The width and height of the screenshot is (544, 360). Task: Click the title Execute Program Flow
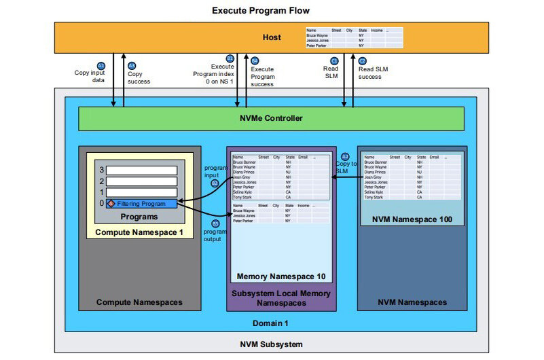coord(261,10)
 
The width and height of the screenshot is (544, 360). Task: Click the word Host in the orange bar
coord(272,37)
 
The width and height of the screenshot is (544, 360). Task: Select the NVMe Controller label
coord(271,118)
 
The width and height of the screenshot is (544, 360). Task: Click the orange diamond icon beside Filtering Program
coord(111,203)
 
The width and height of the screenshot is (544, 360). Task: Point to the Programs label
coord(138,217)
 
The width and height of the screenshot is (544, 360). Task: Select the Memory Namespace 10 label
coord(280,276)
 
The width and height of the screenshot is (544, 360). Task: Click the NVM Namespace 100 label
coord(412,219)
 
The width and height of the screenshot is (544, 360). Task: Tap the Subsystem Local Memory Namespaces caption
coord(280,298)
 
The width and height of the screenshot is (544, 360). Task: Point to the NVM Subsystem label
coord(271,344)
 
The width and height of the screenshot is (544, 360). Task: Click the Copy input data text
coord(89,75)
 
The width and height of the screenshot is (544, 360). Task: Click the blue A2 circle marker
coord(345,156)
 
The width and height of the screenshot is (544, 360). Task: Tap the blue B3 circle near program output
coord(215,223)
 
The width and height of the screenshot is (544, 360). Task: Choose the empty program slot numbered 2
coord(141,181)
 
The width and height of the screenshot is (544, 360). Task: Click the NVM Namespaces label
coord(412,302)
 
